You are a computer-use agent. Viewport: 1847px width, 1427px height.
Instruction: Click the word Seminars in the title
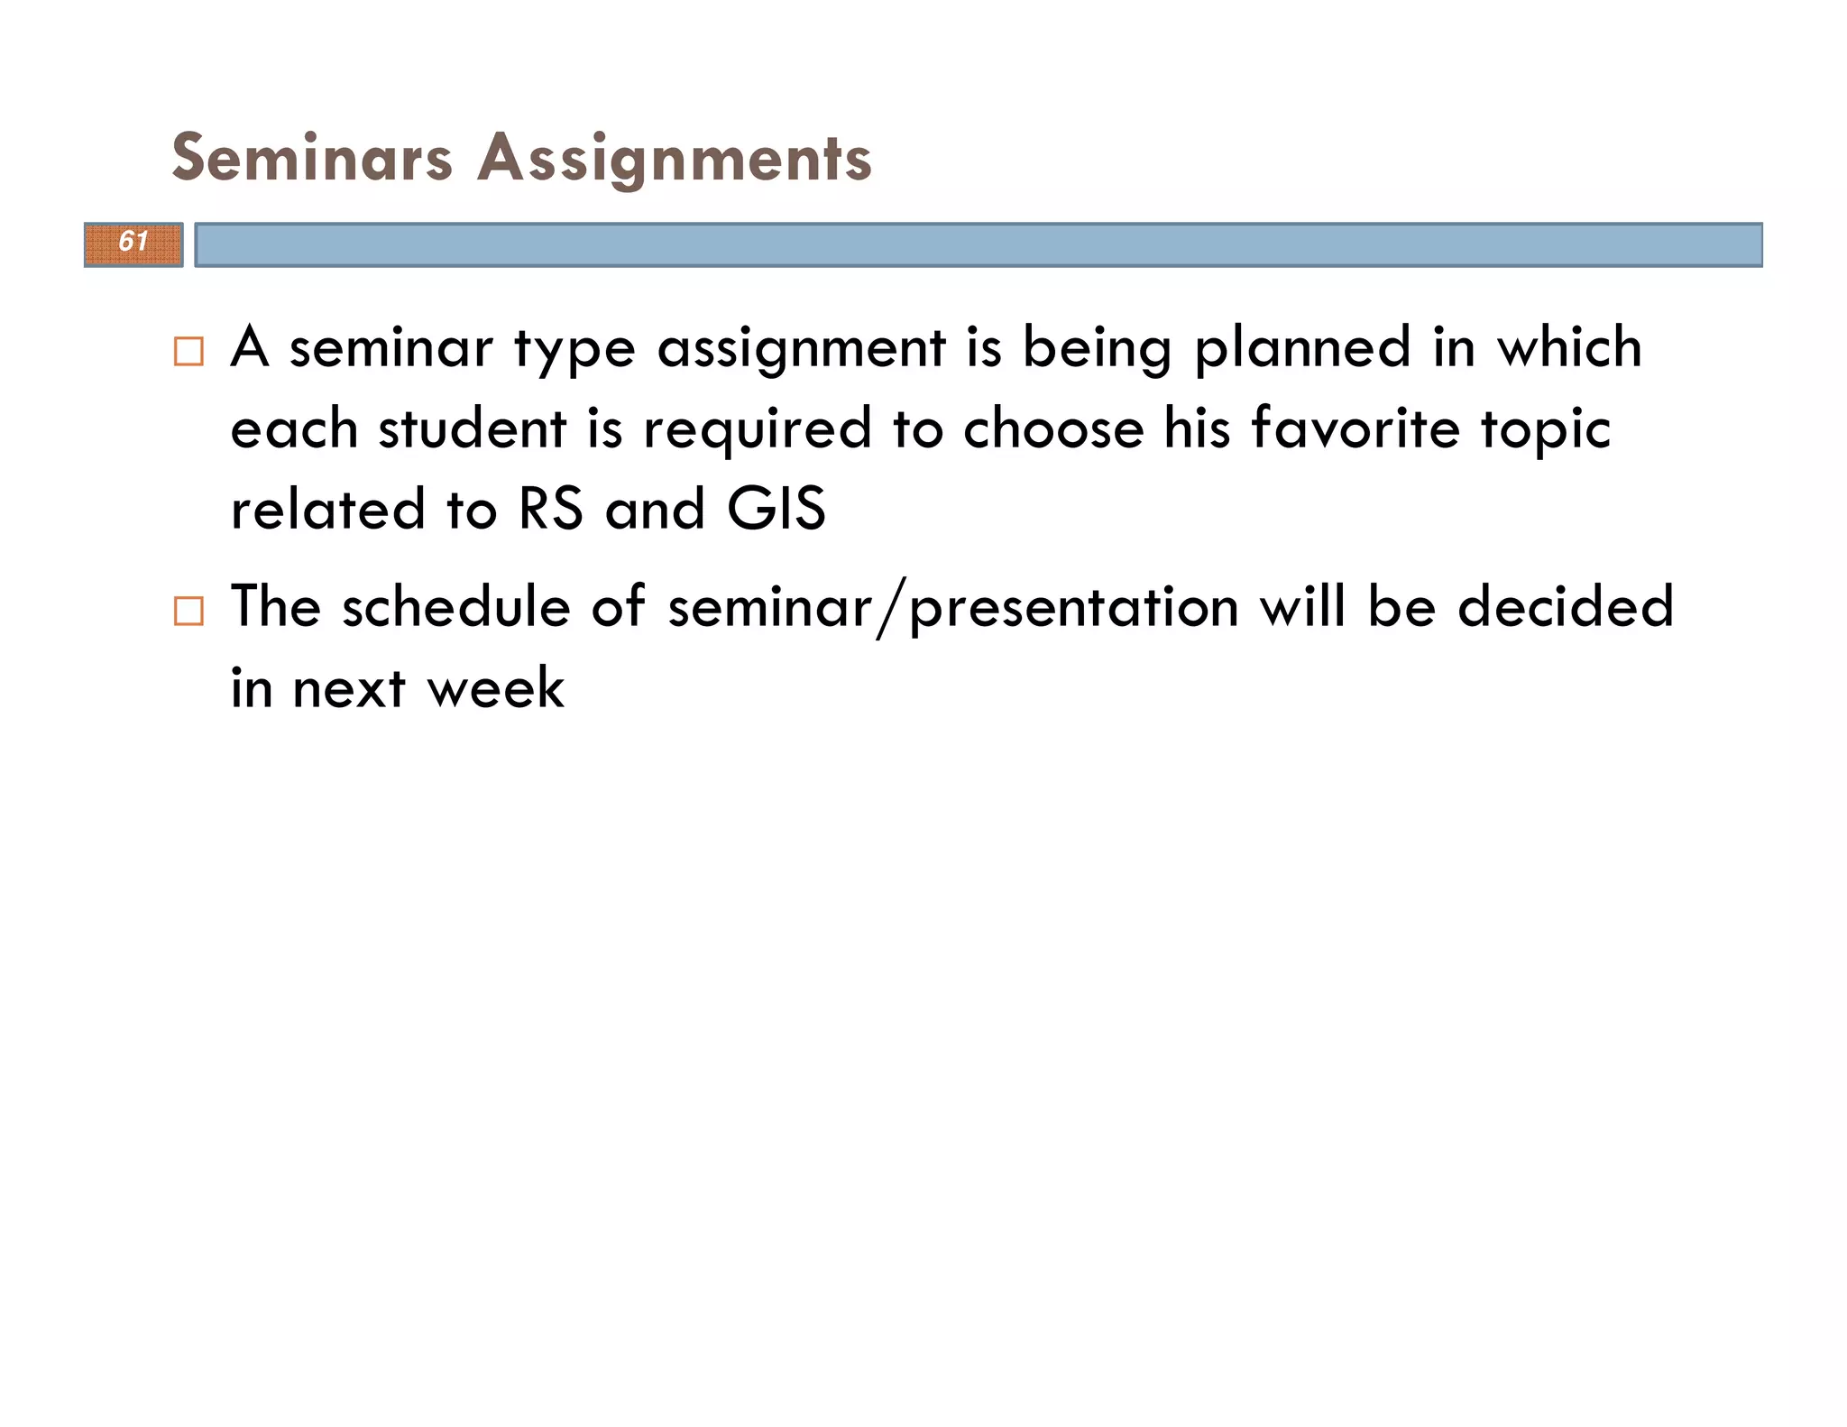312,158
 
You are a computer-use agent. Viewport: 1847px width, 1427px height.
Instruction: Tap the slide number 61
133,243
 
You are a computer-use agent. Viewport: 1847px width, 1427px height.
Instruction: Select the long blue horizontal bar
978,244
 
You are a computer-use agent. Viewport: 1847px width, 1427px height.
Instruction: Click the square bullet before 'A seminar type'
188,351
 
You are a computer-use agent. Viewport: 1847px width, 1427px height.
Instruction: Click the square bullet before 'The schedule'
188,611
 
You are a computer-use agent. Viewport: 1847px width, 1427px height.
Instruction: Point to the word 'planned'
1302,349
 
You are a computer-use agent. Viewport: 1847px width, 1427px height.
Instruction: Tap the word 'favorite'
1355,428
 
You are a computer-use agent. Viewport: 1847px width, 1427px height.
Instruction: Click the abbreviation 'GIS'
776,509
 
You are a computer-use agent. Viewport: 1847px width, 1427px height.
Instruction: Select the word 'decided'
1566,606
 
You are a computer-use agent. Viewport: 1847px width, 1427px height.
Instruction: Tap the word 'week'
495,688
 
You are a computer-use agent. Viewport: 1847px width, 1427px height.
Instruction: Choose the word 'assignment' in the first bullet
802,349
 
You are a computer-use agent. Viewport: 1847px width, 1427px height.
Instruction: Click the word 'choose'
1052,428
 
